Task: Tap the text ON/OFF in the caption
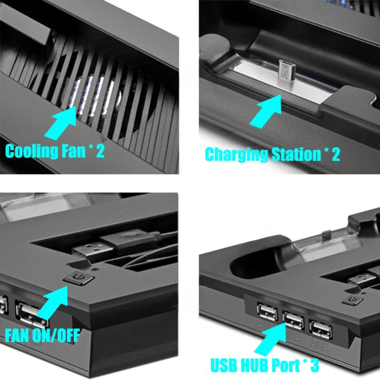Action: point(57,335)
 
